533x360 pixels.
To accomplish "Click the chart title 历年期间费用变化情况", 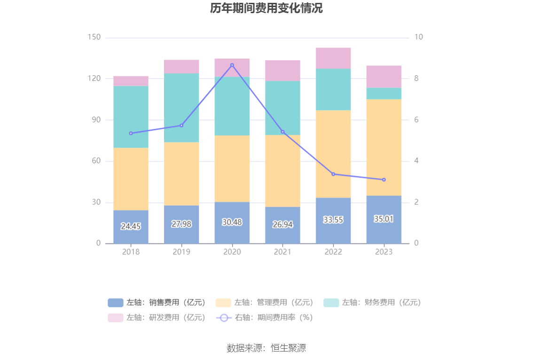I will click(266, 8).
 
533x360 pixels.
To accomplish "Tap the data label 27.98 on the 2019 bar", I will click(181, 224).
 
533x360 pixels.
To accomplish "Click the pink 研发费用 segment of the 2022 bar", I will click(333, 58).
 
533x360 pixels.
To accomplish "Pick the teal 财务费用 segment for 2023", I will click(384, 94).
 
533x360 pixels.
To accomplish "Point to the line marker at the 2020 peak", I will click(232, 65).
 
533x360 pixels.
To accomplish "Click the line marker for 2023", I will click(384, 180).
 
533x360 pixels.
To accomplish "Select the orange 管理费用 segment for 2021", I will click(282, 171).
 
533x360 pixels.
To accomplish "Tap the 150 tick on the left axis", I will click(94, 37).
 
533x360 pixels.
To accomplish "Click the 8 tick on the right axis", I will click(416, 78).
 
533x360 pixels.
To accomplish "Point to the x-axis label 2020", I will click(232, 252).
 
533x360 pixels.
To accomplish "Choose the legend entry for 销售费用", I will click(157, 303).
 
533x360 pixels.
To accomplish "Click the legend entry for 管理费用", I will click(265, 303).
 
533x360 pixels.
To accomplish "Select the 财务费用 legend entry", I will click(372, 303).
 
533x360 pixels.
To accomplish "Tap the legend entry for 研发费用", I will click(157, 318).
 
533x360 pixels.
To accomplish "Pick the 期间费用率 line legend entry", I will click(265, 318).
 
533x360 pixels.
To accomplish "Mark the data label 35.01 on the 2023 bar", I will click(384, 219).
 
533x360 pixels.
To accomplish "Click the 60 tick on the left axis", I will click(95, 161).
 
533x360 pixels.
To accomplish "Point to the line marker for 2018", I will click(131, 133).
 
